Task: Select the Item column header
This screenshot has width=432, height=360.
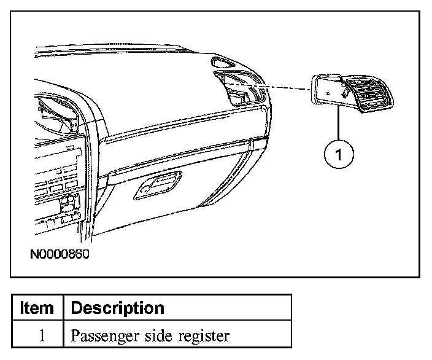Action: (x=37, y=307)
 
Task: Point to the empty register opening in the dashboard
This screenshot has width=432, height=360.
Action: (x=240, y=89)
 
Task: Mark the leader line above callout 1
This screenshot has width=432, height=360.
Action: (x=337, y=123)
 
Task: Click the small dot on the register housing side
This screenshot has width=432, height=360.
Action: (x=329, y=93)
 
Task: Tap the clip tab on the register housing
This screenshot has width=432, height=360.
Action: (x=346, y=93)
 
